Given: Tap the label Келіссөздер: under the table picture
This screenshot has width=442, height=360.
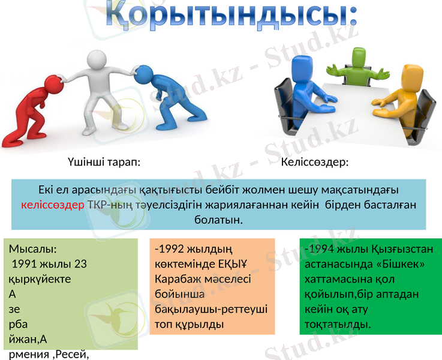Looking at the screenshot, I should coord(315,162).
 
